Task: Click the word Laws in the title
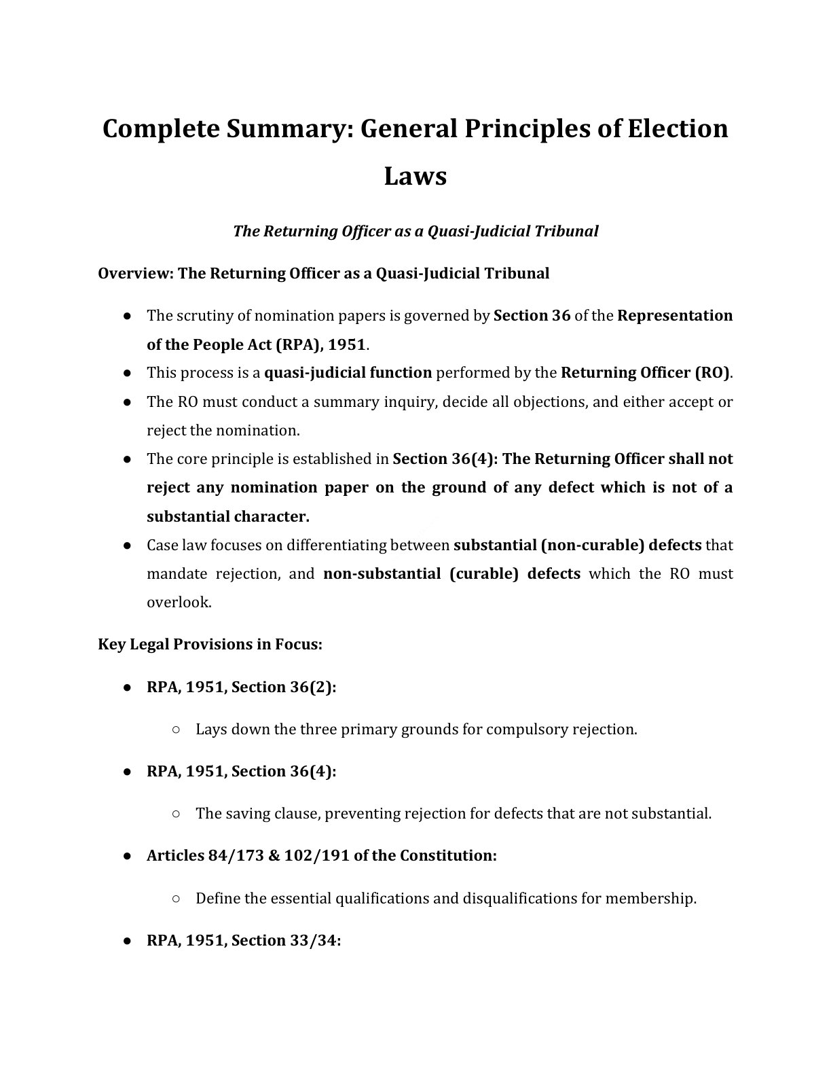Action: click(x=415, y=176)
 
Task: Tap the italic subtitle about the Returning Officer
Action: click(x=415, y=231)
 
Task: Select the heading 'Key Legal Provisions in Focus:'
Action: click(x=210, y=644)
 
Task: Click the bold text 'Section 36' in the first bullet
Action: click(x=532, y=316)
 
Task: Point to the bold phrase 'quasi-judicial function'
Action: click(x=348, y=373)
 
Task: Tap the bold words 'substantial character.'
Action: click(x=228, y=516)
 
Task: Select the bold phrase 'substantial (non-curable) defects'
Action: click(x=577, y=545)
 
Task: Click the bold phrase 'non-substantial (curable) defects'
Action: click(x=451, y=574)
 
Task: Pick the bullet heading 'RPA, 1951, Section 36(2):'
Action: click(x=242, y=687)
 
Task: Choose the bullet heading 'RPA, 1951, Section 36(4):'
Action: click(x=242, y=772)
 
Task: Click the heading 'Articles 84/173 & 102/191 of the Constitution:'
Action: click(x=322, y=856)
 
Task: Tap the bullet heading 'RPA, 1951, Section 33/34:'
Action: click(x=244, y=941)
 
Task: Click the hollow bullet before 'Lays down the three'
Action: click(x=176, y=730)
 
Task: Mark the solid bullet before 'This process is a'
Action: click(x=127, y=373)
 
